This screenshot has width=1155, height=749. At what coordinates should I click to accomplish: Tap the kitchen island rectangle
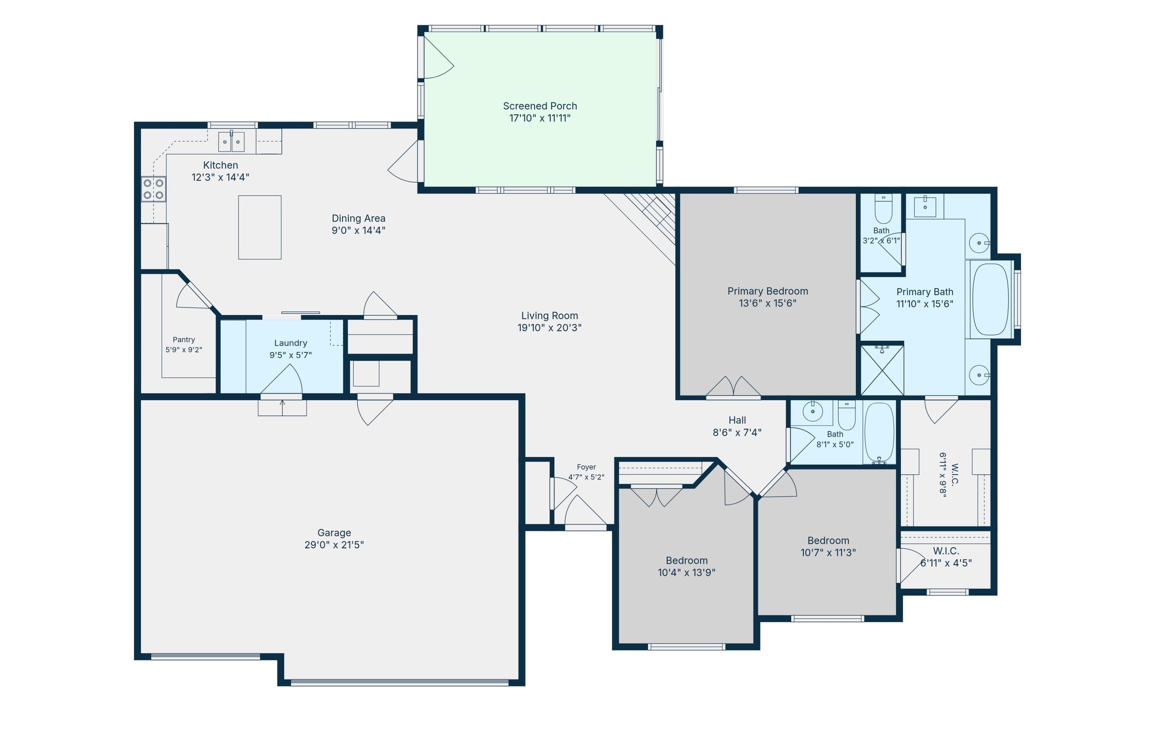click(x=259, y=227)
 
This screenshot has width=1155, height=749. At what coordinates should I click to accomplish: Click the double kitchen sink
click(x=231, y=142)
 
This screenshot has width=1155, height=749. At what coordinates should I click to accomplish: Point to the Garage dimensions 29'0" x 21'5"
click(x=334, y=545)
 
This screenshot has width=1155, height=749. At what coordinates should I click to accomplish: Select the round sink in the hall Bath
click(x=812, y=412)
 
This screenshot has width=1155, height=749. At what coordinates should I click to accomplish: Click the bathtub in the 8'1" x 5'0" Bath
click(x=879, y=432)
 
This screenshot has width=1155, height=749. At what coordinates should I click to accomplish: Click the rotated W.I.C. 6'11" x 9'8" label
click(x=948, y=475)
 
